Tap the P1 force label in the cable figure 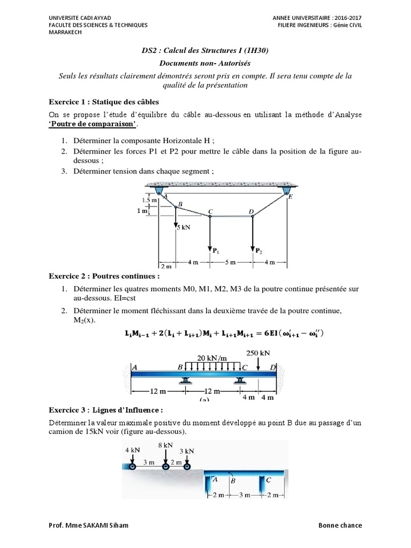point(216,250)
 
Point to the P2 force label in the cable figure point(258,250)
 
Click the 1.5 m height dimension point(149,200)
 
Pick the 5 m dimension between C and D point(230,263)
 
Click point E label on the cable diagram point(291,196)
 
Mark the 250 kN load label point(258,353)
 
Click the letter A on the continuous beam point(133,367)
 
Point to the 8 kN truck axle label point(165,445)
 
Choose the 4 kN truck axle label point(132,450)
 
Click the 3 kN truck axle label point(187,450)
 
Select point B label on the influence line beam point(232,481)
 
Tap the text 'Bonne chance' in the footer point(343,525)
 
